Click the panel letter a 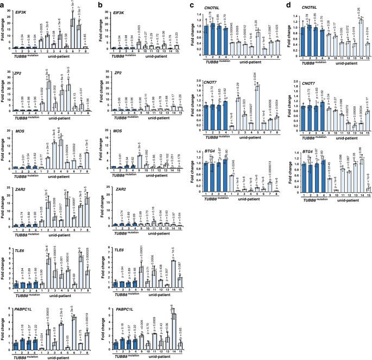4,4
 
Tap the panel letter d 283,4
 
